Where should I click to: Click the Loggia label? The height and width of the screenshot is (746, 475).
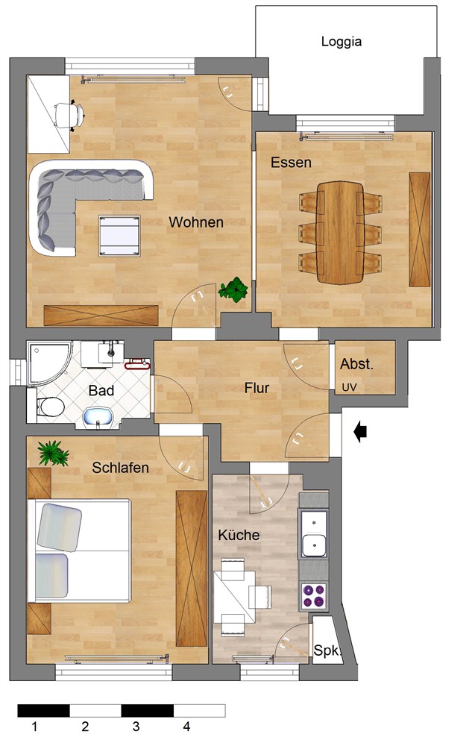[x=342, y=42]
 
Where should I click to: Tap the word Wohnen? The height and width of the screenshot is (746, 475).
[x=196, y=222]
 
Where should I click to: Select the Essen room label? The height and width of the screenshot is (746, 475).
[x=291, y=162]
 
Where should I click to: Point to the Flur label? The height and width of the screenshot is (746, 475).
[x=257, y=388]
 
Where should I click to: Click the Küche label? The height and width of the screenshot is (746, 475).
[x=239, y=535]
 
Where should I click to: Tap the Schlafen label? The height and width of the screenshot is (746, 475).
[x=120, y=468]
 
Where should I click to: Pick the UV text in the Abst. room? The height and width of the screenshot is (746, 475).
[x=349, y=388]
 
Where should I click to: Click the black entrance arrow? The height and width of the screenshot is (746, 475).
[x=361, y=432]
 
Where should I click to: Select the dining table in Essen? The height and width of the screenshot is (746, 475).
[x=340, y=232]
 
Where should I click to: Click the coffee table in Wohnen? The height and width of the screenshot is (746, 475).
[x=119, y=236]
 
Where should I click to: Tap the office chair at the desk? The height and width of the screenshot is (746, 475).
[x=69, y=115]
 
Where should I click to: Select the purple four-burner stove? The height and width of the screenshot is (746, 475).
[x=314, y=596]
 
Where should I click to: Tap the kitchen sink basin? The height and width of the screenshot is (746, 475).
[x=314, y=545]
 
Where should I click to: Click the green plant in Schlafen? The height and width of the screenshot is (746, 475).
[x=53, y=453]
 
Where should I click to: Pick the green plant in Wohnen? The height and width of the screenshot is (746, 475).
[x=233, y=289]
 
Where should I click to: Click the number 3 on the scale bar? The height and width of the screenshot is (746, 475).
[x=136, y=727]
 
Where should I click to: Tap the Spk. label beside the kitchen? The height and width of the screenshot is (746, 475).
[x=326, y=650]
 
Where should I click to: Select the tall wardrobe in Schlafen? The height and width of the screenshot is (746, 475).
[x=192, y=568]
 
